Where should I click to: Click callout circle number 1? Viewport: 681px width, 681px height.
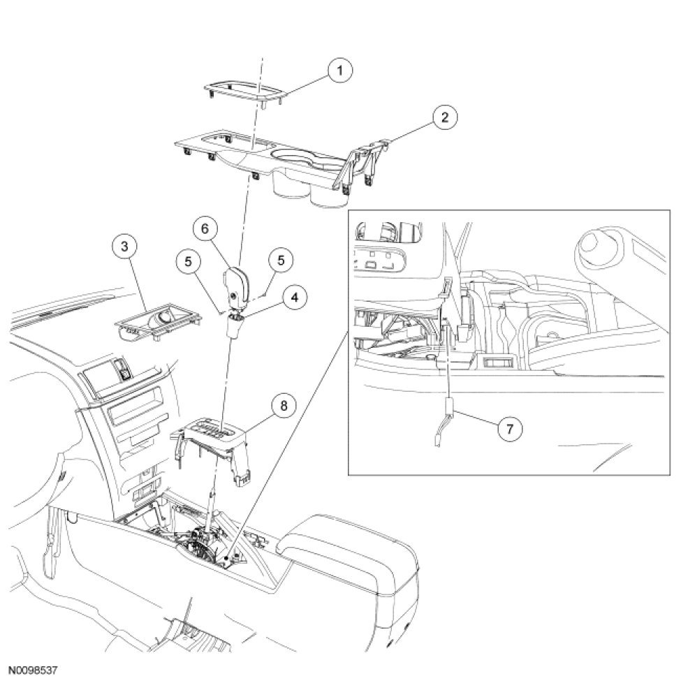[x=340, y=70]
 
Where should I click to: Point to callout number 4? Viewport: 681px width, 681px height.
[x=295, y=298]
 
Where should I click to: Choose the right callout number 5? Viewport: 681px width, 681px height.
[x=281, y=260]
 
